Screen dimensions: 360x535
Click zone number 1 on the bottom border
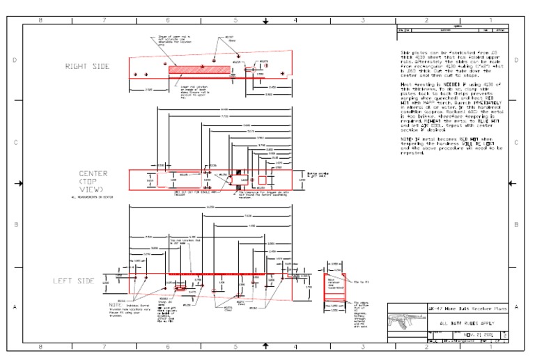[x=490, y=346]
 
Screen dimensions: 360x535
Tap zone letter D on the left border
[x=15, y=61]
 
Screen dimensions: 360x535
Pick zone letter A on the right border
[x=516, y=306]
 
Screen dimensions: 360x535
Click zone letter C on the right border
[x=516, y=143]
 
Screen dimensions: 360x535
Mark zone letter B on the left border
[x=15, y=225]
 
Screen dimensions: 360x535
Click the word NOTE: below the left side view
[x=116, y=305]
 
